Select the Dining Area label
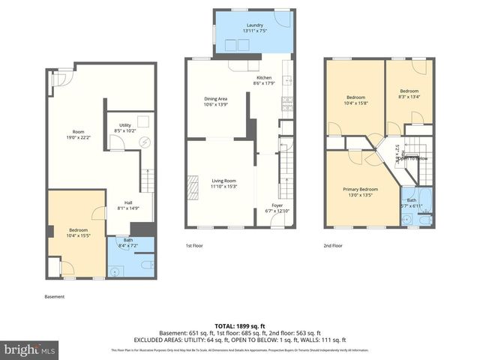pos(215,101)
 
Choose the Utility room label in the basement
pos(124,127)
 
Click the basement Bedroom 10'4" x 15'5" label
pos(78,232)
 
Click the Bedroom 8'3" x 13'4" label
pos(409,94)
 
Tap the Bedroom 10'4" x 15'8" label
pos(355,100)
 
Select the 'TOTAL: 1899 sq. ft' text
pos(240,325)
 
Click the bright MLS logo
pos(30,349)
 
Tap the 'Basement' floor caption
pos(54,297)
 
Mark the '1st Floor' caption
pos(194,245)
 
